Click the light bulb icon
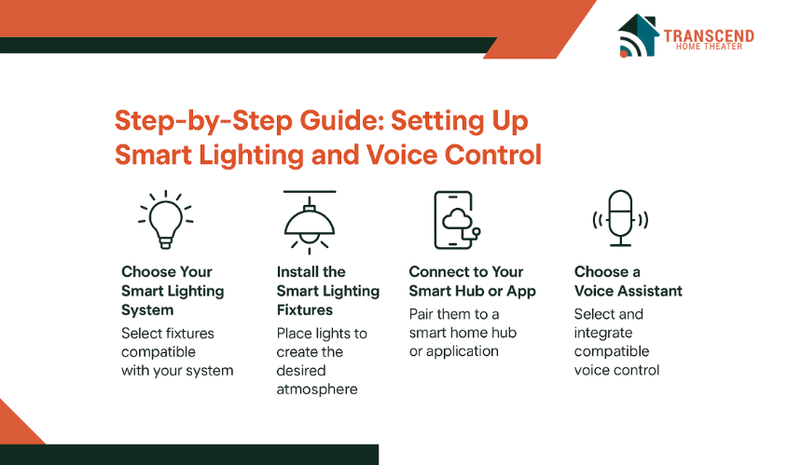[x=165, y=220]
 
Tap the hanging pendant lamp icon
[x=310, y=223]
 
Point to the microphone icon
[x=620, y=218]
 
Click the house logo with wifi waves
[x=638, y=35]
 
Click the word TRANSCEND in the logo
[x=709, y=35]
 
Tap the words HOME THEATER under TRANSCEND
[x=709, y=47]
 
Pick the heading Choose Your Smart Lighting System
[x=173, y=291]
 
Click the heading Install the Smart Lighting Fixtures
[x=328, y=291]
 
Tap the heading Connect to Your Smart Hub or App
[x=472, y=281]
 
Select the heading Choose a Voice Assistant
[x=629, y=281]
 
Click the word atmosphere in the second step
[x=317, y=390]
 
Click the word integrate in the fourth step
[x=603, y=334]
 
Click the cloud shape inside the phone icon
[x=457, y=219]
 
